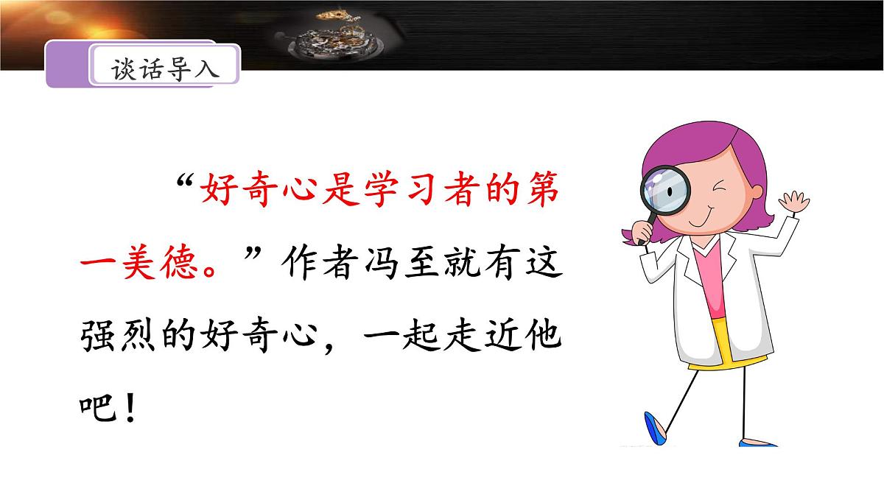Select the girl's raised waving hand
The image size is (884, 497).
pos(796,202)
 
